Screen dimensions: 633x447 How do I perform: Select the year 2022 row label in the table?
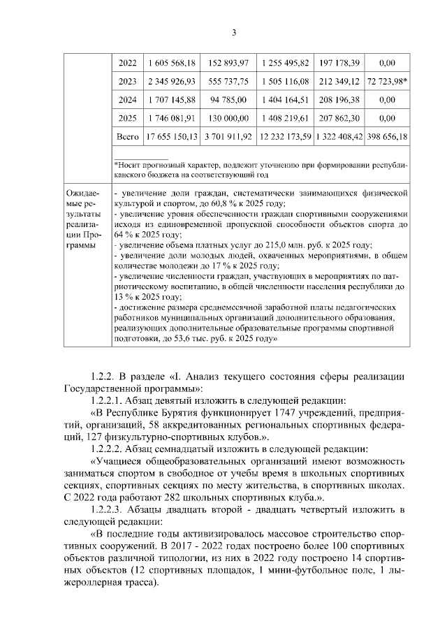(x=127, y=63)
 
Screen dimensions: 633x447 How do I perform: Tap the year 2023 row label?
(x=127, y=82)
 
